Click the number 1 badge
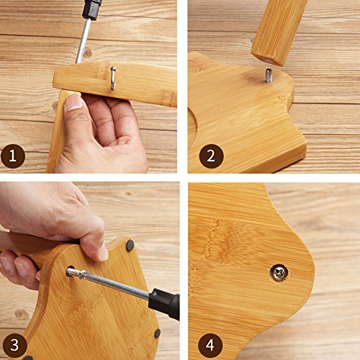pos(13,156)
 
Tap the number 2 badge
pos(211,156)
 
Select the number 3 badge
pos(14,345)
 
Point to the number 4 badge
pos(210,345)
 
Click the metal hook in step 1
pos(112,78)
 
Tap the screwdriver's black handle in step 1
pos(91,9)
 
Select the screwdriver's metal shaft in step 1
pos(83,41)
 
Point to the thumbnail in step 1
pos(73,102)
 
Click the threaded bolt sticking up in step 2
pos(269,76)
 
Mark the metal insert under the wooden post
pos(266,60)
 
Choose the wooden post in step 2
pos(279,31)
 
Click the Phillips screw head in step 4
pos(279,272)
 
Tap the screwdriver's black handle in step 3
pos(164,304)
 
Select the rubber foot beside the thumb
pos(130,246)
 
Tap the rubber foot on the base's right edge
pos(158,333)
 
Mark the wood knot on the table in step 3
pos(22,314)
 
